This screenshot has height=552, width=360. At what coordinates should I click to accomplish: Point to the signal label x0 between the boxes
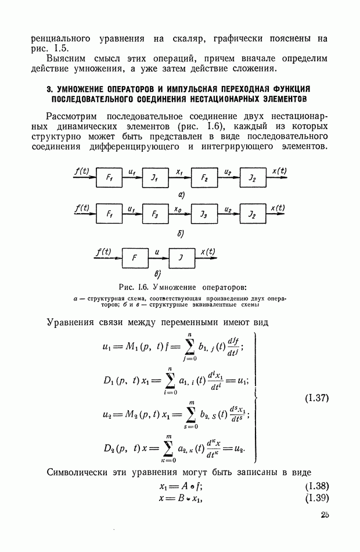coord(179,207)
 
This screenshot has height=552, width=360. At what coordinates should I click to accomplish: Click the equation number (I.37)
coord(316,399)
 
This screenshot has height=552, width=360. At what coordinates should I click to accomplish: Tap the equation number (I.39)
coord(316,498)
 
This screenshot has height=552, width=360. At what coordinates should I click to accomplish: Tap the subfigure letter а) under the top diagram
coord(181,195)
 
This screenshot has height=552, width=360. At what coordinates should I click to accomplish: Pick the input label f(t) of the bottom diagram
coord(103,252)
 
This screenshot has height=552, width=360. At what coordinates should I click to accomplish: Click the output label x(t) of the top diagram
coord(279,171)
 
